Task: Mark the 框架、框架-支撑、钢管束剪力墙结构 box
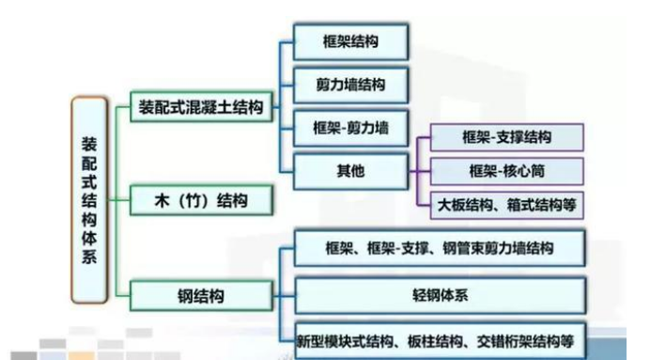pyautogui.click(x=441, y=248)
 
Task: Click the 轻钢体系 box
pyautogui.click(x=441, y=295)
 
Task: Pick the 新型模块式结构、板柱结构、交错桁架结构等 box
pyautogui.click(x=441, y=340)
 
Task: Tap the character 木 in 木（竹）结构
pyautogui.click(x=147, y=201)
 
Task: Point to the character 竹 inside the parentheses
pyautogui.click(x=188, y=201)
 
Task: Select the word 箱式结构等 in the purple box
pyautogui.click(x=542, y=204)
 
